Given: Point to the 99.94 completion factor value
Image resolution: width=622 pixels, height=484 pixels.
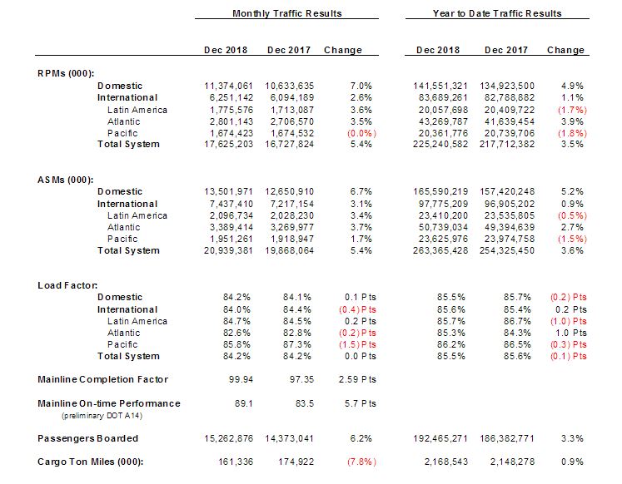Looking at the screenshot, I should (x=241, y=380).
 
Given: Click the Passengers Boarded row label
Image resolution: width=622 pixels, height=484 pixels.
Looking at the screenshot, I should (x=88, y=438).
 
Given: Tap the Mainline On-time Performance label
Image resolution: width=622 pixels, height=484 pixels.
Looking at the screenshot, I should (x=109, y=403).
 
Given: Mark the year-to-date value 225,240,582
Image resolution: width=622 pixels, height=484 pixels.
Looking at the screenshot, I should (x=441, y=144).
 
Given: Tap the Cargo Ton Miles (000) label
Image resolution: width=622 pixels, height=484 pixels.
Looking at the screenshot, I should (x=91, y=462).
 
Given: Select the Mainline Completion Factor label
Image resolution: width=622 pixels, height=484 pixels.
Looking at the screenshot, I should (x=103, y=380).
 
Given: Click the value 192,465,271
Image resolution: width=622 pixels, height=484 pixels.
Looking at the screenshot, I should (x=441, y=438).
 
